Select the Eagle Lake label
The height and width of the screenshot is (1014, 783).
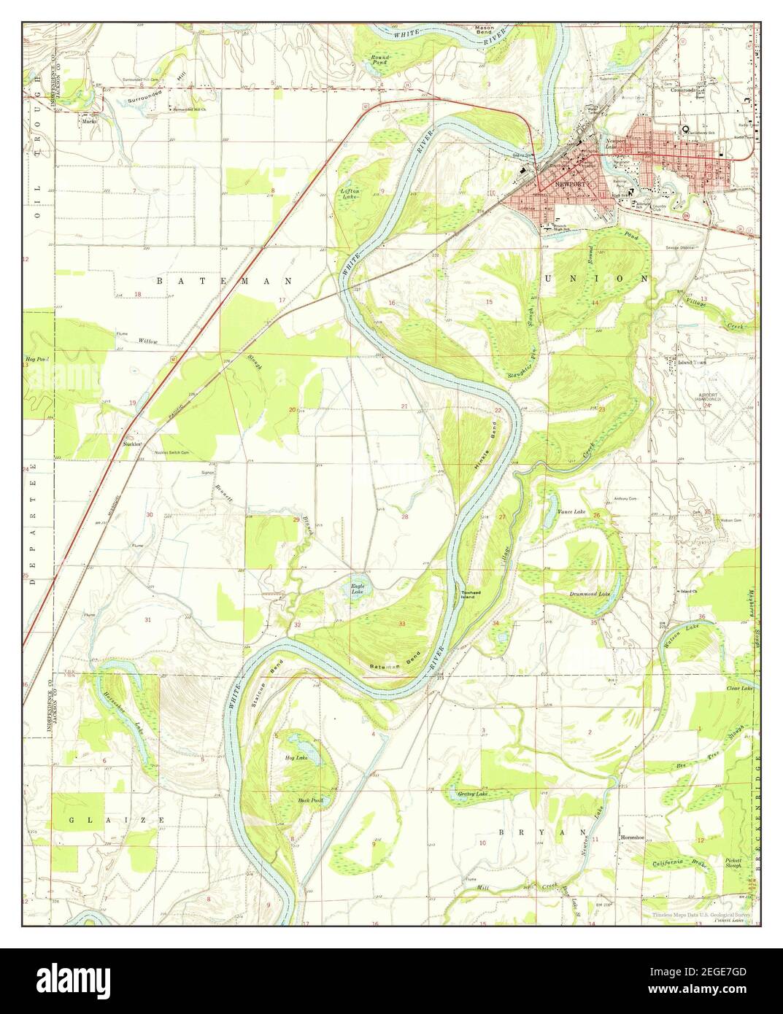pyautogui.click(x=358, y=587)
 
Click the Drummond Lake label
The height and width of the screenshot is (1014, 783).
pyautogui.click(x=590, y=594)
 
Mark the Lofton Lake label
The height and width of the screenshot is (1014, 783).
pyautogui.click(x=351, y=194)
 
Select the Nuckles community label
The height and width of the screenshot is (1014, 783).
pyautogui.click(x=132, y=444)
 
